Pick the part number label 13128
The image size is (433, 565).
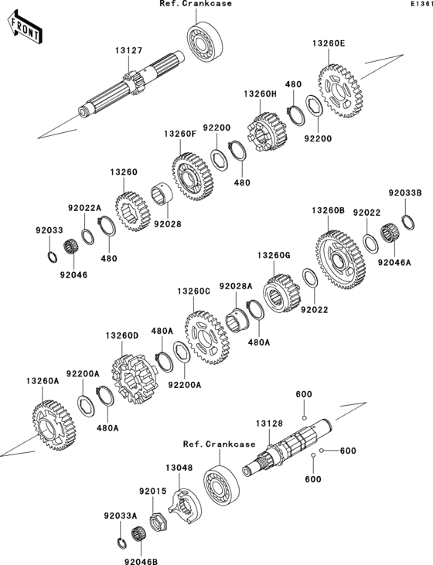(x=271, y=424)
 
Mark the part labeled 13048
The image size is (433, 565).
(x=186, y=506)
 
